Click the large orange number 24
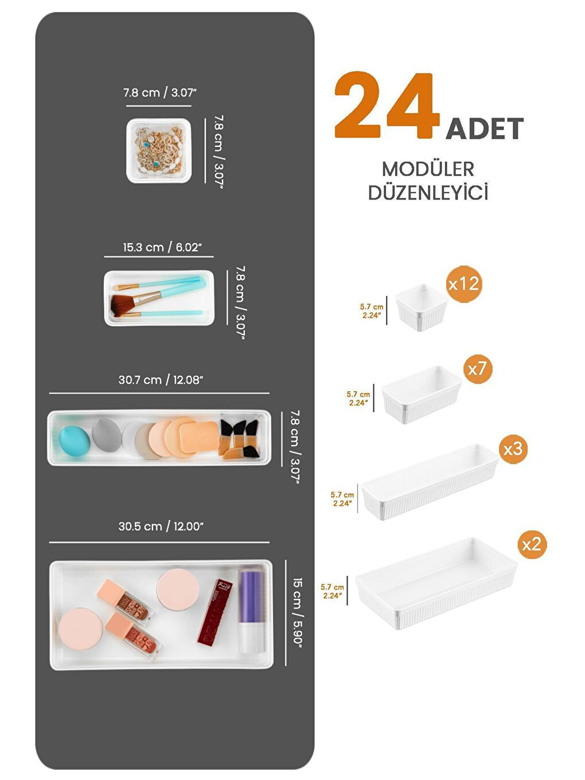click(385, 107)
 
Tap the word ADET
click(485, 128)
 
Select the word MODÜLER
click(428, 169)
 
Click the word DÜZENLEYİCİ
click(428, 193)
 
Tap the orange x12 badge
click(463, 284)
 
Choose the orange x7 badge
click(477, 369)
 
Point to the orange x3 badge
click(513, 448)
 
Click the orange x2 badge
click(532, 544)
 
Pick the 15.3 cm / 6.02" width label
click(162, 248)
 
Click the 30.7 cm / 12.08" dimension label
click(161, 380)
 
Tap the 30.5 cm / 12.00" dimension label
click(161, 526)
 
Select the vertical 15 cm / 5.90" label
click(297, 611)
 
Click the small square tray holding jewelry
click(159, 151)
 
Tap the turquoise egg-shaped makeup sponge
click(75, 440)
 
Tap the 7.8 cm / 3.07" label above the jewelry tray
click(160, 93)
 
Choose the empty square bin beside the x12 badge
click(422, 307)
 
